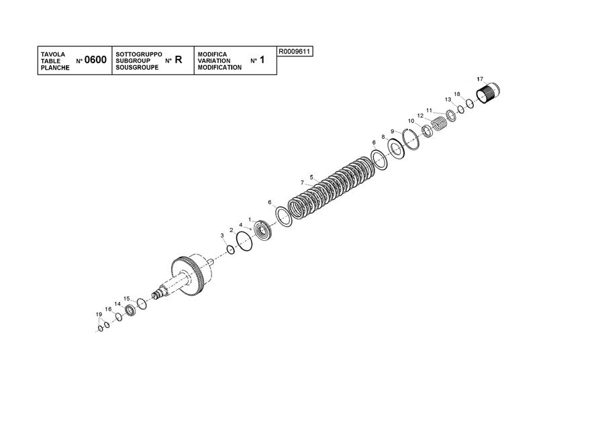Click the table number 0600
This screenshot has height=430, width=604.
[x=95, y=60]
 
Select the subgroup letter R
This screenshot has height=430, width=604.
[x=179, y=60]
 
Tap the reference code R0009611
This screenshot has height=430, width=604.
[x=295, y=51]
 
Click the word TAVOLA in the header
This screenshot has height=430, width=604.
[x=53, y=54]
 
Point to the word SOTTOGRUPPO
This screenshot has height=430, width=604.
[x=139, y=54]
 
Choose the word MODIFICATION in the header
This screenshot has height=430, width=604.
[x=219, y=67]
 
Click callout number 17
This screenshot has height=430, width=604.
[x=480, y=79]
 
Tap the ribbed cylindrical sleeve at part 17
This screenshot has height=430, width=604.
[x=488, y=93]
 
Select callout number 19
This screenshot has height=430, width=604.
[x=99, y=314]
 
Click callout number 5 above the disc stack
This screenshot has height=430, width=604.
[x=311, y=177]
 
